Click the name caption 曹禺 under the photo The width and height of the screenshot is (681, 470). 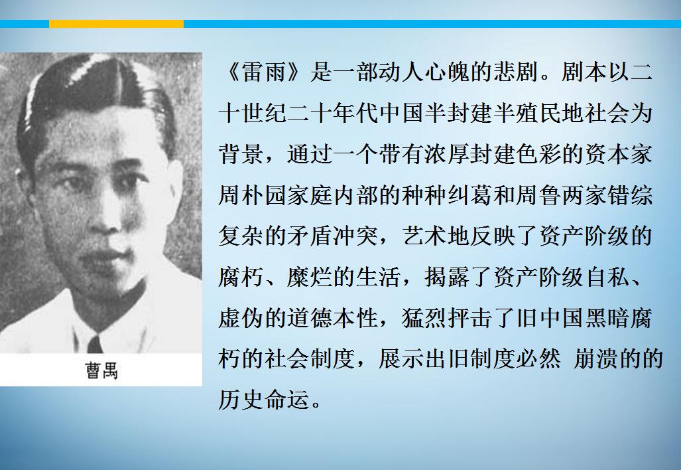tap(101, 370)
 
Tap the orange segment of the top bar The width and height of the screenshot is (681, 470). tap(117, 24)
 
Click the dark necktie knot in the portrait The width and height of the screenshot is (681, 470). tap(95, 345)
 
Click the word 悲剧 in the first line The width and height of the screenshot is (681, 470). tap(515, 72)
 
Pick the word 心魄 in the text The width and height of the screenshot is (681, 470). tap(447, 72)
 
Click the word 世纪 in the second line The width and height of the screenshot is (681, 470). tap(264, 113)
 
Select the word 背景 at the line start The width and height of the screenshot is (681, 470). tap(241, 154)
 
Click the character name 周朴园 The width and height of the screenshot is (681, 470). tap(253, 195)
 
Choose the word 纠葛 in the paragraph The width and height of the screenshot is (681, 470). tap(470, 195)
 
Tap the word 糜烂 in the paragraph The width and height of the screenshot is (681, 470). tap(309, 277)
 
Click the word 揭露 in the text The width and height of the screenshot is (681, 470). tap(447, 277)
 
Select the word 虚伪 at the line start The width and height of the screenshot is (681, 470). tap(241, 318)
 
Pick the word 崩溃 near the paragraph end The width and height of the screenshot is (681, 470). tap(595, 358)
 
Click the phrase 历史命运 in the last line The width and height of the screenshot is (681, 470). tap(264, 400)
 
